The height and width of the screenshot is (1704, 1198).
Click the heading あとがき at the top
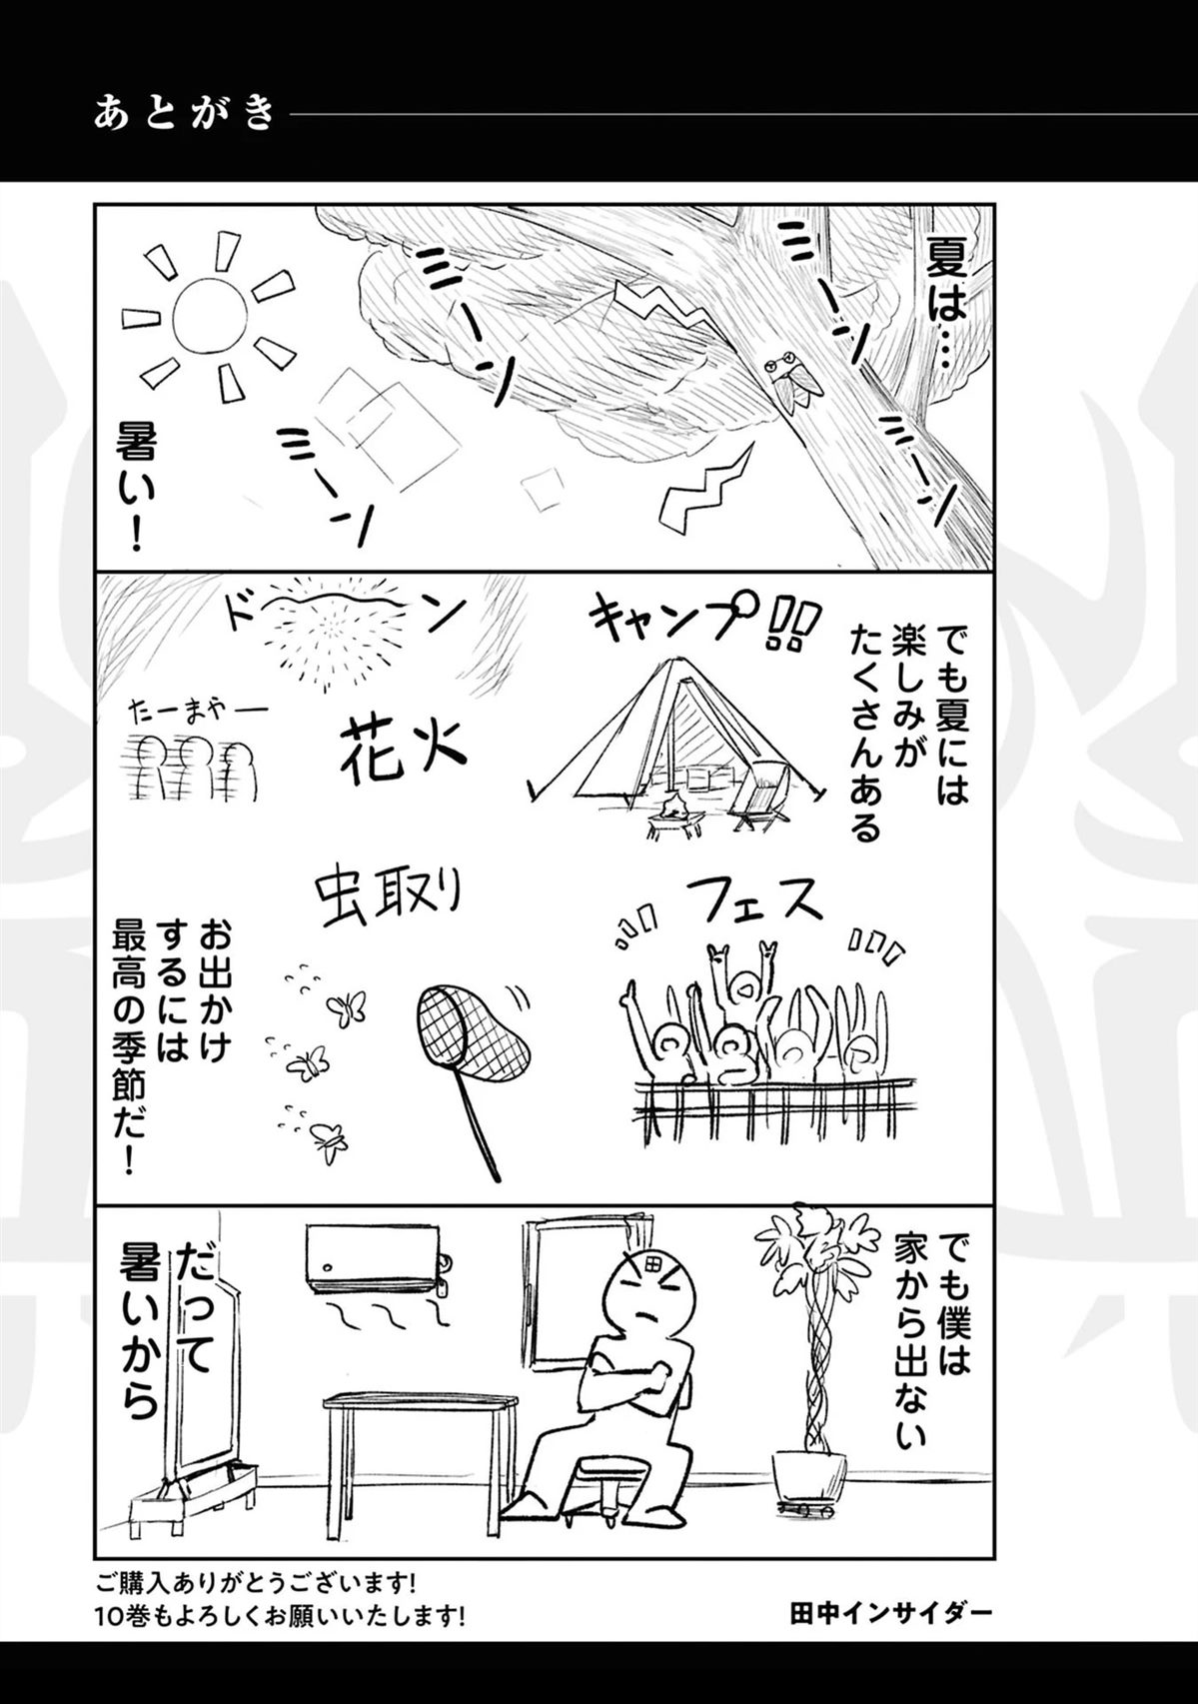click(184, 114)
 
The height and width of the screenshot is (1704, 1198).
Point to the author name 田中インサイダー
click(891, 1610)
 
